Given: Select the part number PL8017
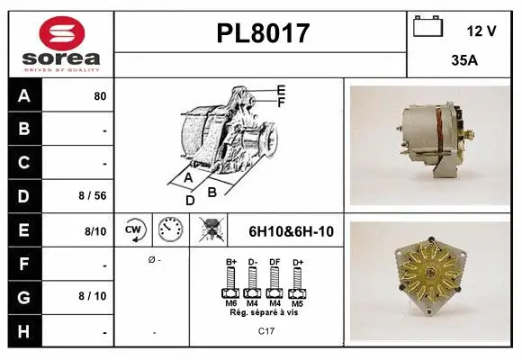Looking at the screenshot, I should coord(263,33).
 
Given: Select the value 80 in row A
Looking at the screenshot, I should coord(100,96).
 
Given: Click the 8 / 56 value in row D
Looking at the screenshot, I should coord(94,195).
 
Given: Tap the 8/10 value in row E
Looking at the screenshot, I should coord(95,231).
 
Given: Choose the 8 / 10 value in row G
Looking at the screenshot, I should coord(94,295).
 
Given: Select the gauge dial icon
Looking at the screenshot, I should coord(170,230).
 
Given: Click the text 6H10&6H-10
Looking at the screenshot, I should coord(291,231).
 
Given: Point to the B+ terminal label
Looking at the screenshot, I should coord(230,262).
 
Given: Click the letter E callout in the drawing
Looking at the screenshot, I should coord(281,90).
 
